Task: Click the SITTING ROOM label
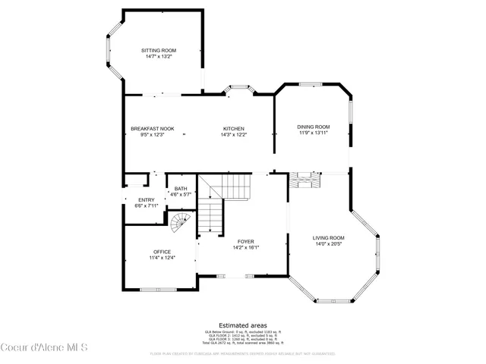point(158,50)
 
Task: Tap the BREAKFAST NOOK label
point(152,128)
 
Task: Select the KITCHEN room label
point(233,128)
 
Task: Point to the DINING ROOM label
point(314,127)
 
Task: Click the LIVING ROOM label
point(329,238)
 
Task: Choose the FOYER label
point(245,241)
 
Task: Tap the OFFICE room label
point(162,252)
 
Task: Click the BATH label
point(181,189)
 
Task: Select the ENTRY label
point(146,199)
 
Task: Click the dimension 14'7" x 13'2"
point(158,56)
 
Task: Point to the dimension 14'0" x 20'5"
point(329,244)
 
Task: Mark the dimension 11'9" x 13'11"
point(314,133)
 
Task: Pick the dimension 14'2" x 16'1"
point(245,247)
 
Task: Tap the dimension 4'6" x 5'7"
point(181,194)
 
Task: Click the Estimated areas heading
point(242,324)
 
